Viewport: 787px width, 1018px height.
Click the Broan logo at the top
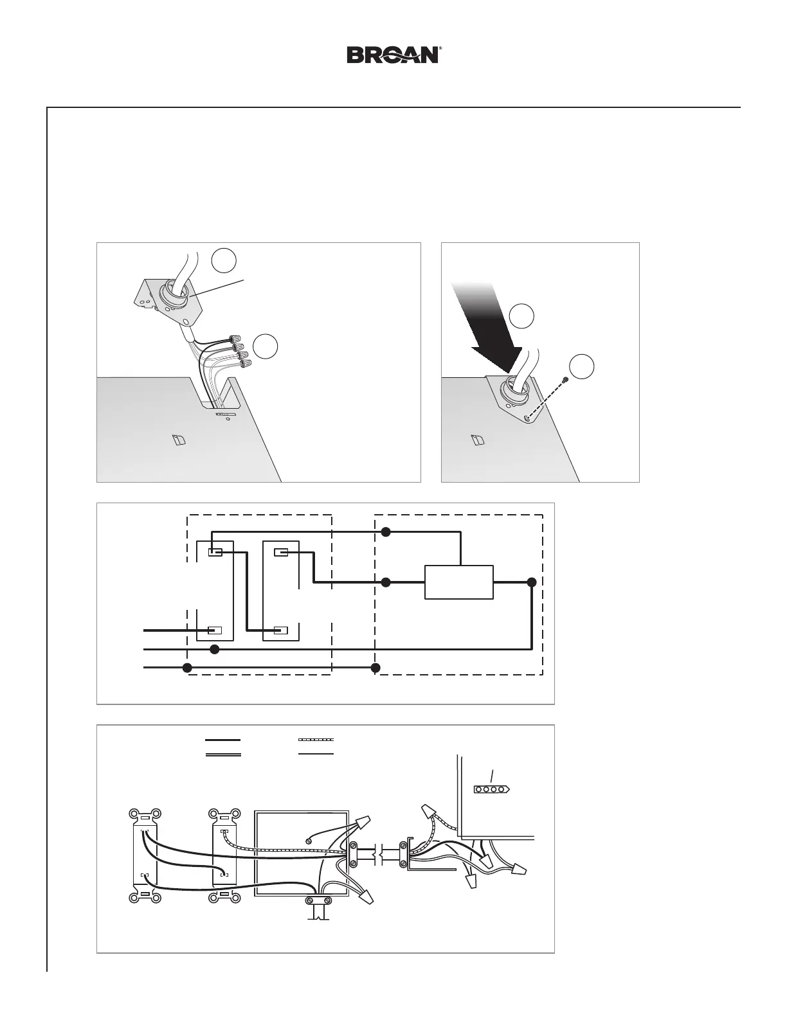[393, 55]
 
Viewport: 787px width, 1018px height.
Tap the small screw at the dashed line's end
[565, 380]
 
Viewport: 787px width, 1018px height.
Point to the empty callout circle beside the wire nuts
[266, 346]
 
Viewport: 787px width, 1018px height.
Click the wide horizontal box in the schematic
[459, 582]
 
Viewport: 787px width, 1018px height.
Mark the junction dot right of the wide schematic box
[531, 582]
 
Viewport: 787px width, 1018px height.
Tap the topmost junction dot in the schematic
[386, 531]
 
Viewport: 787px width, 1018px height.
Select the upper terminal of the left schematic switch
[215, 552]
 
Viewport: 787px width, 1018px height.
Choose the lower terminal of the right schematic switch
[281, 630]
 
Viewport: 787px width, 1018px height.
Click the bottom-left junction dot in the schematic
[187, 668]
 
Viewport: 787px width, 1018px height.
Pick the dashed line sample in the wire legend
[316, 740]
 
